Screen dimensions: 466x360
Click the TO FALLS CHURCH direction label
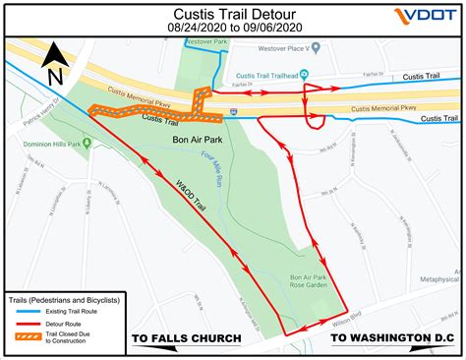187,339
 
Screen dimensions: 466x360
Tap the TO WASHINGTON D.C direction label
387,339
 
